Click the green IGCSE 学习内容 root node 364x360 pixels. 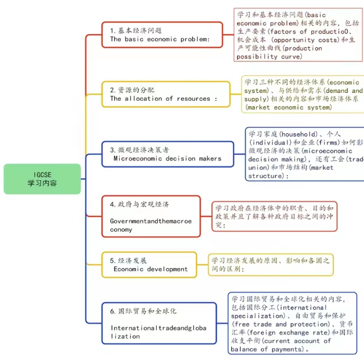42,179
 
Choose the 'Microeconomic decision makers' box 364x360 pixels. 168,154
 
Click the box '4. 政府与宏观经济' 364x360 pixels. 151,216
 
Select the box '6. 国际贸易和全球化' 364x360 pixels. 160,323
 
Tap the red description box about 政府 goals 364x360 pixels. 274,216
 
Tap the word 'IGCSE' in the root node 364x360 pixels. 42,174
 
